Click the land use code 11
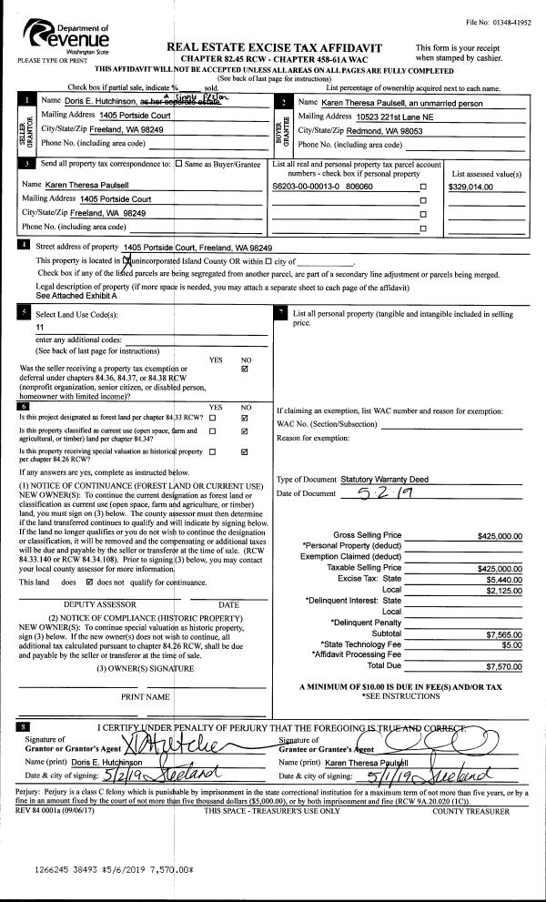[40, 327]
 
